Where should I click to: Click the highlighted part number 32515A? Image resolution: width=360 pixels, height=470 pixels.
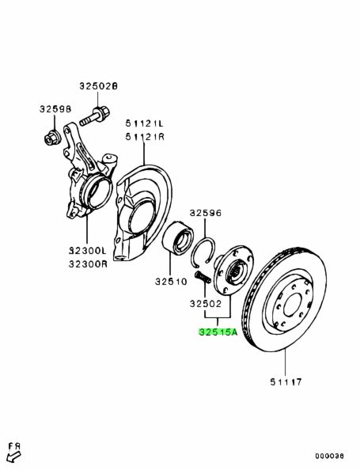tap(218, 332)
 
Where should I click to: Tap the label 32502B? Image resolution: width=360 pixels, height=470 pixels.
tap(98, 86)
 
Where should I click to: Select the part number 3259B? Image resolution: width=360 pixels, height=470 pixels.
tap(55, 109)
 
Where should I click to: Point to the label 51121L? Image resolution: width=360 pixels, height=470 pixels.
tap(145, 123)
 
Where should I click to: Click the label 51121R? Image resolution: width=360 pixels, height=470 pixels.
tap(145, 137)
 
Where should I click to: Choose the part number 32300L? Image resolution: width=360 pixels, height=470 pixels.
tap(88, 250)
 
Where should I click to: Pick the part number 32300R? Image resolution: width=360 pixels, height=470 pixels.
tap(88, 263)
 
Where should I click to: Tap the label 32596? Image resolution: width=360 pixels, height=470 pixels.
tap(206, 213)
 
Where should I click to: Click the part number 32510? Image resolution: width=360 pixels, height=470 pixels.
tap(171, 282)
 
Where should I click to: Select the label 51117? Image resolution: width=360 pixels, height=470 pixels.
tap(286, 382)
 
